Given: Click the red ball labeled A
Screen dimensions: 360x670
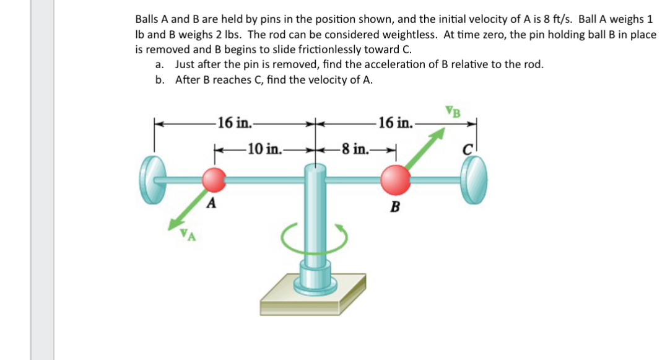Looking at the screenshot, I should (x=214, y=180).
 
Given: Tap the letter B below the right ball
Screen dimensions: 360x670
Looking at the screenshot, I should (x=393, y=207).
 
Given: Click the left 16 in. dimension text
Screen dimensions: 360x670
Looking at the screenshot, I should (x=233, y=122).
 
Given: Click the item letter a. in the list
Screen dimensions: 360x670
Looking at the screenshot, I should (x=160, y=64).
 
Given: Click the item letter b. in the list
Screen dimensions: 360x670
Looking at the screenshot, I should (x=160, y=80).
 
